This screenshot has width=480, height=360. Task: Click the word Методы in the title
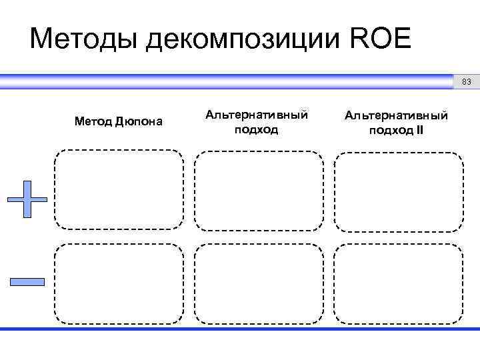coord(83,39)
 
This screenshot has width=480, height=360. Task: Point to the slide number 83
coord(466,82)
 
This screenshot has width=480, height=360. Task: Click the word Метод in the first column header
coord(93,122)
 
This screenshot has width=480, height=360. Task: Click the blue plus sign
coord(27,199)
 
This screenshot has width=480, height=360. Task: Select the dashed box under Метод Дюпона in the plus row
coord(119,190)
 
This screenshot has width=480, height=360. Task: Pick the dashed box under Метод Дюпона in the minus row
coord(119,283)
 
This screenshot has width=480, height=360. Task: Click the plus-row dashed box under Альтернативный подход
coord(259,190)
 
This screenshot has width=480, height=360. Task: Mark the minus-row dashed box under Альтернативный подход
coord(259,283)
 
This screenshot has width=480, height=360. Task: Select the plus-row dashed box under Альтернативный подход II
coord(398,190)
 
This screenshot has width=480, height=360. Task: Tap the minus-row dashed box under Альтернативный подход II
coord(398,283)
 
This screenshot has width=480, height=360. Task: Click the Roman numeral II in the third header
coord(419,130)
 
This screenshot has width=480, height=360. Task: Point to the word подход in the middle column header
coord(257,129)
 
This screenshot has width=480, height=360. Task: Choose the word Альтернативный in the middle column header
coord(257,115)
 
